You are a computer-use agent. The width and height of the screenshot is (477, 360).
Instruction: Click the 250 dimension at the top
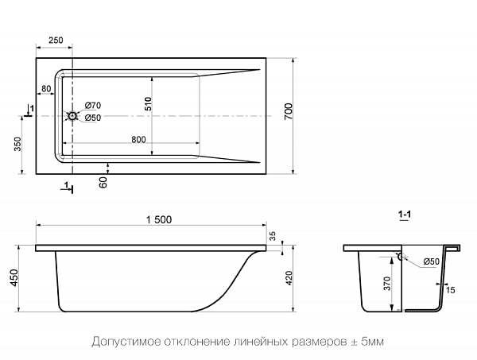pos(56,40)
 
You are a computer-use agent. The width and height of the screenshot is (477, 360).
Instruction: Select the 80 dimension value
pos(46,88)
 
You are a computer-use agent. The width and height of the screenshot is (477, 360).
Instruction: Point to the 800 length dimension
pos(138,140)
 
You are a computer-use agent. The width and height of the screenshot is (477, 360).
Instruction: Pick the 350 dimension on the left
pos(17,144)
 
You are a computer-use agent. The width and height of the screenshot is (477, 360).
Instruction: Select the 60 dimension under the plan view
pos(103,182)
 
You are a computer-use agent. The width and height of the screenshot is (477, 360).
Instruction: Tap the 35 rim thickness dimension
pos(274,236)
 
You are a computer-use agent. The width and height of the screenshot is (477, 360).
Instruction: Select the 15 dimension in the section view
pos(451,290)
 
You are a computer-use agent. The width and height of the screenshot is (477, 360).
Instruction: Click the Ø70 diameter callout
pos(92,106)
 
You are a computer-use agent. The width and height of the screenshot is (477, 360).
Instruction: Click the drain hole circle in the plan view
pos(73,117)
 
